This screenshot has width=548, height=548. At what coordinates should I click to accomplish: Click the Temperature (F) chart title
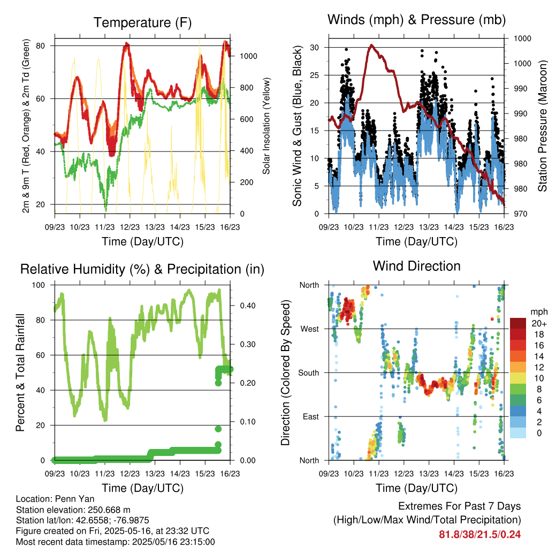tap(142, 22)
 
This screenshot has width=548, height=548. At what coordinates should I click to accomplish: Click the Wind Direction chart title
tap(416, 266)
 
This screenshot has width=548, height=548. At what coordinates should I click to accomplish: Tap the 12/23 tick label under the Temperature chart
tap(130, 227)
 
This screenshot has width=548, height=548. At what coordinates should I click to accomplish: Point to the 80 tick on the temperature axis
tap(40, 46)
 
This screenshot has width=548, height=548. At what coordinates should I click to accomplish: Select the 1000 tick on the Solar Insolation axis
tap(248, 56)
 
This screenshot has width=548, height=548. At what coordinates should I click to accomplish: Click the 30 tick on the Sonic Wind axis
tap(314, 47)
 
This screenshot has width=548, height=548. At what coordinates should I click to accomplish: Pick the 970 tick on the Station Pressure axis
tap(520, 214)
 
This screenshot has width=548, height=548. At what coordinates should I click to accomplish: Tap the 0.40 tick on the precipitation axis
tap(248, 306)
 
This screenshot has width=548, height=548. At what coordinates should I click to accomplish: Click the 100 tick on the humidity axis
tap(39, 285)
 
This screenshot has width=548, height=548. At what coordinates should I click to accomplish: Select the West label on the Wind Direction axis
tap(310, 329)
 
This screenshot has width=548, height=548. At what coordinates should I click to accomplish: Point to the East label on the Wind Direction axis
tap(311, 416)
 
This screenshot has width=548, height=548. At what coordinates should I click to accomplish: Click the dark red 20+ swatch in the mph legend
tap(518, 323)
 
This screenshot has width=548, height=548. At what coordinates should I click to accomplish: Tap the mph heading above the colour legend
tap(538, 312)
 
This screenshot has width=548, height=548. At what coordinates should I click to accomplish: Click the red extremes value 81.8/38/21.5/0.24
tap(480, 535)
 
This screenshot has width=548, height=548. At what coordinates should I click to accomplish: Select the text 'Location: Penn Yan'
tap(55, 499)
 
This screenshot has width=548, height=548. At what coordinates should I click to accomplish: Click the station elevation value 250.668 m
tap(109, 509)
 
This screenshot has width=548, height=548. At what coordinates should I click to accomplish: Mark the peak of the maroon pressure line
tap(371, 45)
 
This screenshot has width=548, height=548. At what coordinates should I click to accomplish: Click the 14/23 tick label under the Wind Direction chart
tap(454, 474)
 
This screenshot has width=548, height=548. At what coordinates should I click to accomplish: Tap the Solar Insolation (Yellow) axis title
tap(267, 126)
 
